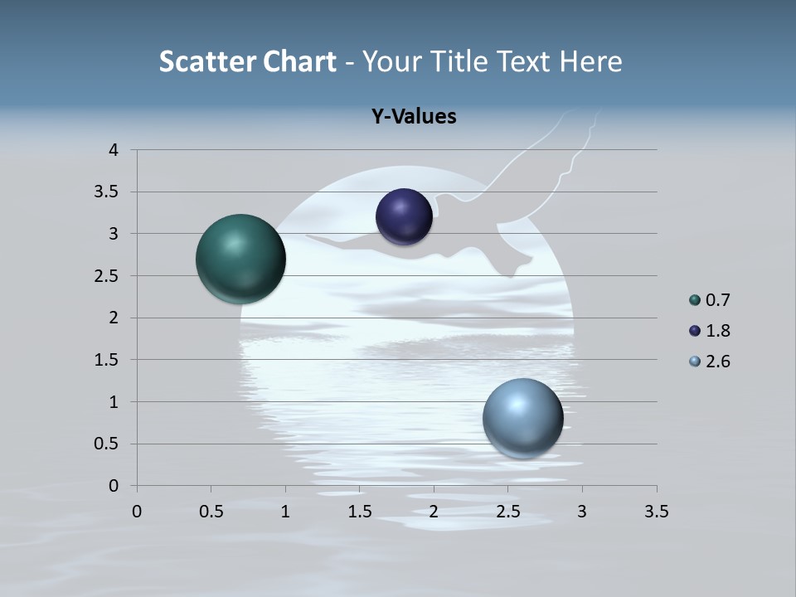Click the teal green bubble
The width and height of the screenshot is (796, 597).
[241, 259]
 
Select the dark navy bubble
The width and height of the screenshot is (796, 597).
[404, 217]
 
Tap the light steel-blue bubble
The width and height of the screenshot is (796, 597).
[522, 418]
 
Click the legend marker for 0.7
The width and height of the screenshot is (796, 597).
[695, 300]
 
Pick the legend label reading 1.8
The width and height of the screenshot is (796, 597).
[717, 331]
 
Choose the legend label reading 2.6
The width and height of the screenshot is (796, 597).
[717, 362]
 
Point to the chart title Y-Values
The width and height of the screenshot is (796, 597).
[414, 117]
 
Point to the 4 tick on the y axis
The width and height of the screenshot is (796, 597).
[114, 150]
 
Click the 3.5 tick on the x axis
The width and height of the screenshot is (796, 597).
[656, 512]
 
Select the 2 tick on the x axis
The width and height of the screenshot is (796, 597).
[434, 512]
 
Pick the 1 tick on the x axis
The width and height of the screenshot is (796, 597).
[285, 512]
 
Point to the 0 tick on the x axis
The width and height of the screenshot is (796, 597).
[137, 512]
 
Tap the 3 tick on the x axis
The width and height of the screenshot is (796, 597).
[582, 512]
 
